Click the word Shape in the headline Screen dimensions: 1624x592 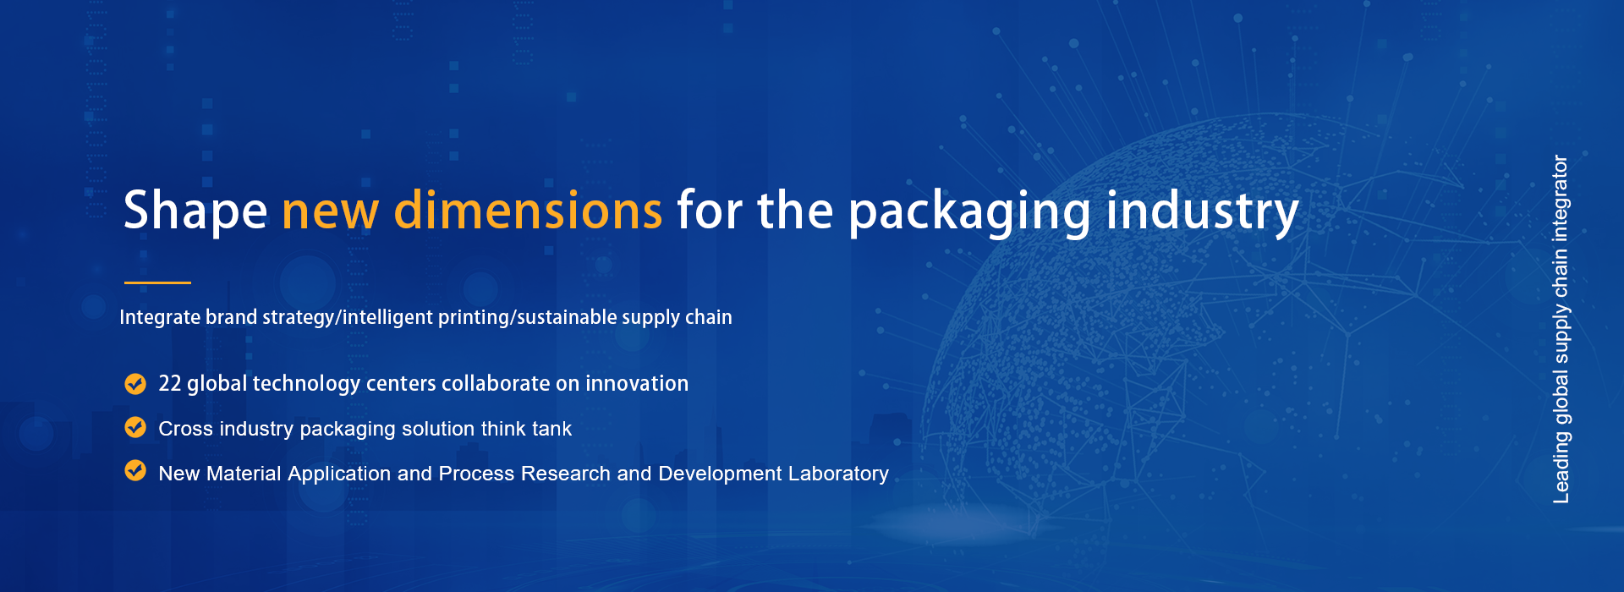coord(195,210)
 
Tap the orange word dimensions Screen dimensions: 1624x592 coord(528,210)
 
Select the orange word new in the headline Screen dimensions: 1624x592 coord(330,213)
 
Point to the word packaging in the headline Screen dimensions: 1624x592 coord(969,212)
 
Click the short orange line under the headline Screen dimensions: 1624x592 coord(157,282)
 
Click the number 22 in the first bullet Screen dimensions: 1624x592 coord(170,383)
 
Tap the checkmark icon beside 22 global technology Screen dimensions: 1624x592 coord(135,384)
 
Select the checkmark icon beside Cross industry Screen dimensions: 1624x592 coord(135,427)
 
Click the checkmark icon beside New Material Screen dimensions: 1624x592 coord(135,470)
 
